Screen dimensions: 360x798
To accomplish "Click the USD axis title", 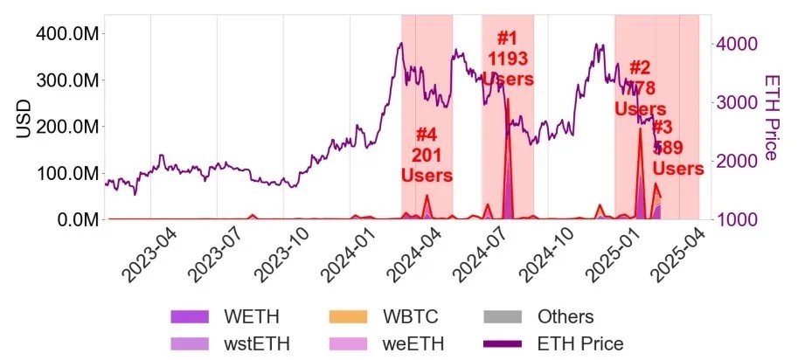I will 25,118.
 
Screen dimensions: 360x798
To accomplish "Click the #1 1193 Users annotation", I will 507,59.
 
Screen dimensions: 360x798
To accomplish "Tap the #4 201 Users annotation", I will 426,155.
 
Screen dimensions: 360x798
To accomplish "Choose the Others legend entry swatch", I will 505,317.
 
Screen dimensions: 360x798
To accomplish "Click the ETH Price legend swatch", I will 505,343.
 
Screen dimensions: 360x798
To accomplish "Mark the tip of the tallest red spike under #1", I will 508,99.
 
